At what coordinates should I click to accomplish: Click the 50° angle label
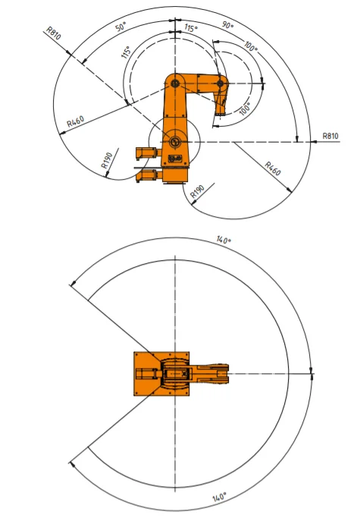(121, 27)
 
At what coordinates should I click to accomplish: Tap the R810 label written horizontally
(330, 136)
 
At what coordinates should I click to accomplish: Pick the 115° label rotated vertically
(127, 53)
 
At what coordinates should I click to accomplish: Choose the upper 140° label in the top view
(223, 240)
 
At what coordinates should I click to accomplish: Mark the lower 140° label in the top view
(219, 497)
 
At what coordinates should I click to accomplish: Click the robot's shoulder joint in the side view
(174, 82)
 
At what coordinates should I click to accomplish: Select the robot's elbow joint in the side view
(220, 83)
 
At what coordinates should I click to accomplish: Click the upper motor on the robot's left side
(147, 152)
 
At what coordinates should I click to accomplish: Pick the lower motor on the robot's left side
(147, 176)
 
